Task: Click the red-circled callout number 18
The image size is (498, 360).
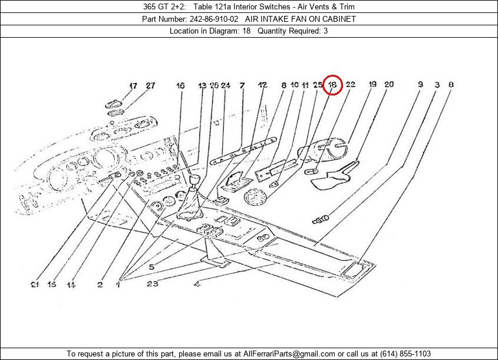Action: [x=332, y=85]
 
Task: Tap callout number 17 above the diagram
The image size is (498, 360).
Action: [x=133, y=85]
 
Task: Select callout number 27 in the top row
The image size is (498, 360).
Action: [x=150, y=85]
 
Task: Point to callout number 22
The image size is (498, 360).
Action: [x=350, y=84]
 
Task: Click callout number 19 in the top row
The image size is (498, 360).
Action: [x=372, y=84]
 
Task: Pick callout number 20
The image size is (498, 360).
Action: [x=389, y=84]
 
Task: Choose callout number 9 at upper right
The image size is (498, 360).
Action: [x=420, y=84]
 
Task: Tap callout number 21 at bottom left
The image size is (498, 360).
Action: [x=35, y=285]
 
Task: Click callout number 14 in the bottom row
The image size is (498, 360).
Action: [x=71, y=285]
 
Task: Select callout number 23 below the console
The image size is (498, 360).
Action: [x=152, y=283]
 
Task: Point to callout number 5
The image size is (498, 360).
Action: [x=151, y=267]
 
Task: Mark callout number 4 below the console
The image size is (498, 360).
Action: [x=197, y=284]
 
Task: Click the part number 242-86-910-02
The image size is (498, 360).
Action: [x=214, y=19]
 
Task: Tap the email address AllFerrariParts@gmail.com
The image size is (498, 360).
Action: [x=289, y=354]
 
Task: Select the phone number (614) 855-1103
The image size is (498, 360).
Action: [x=405, y=354]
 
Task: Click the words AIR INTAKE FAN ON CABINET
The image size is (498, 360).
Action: [x=301, y=19]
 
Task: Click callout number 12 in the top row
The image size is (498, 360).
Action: [x=262, y=85]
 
